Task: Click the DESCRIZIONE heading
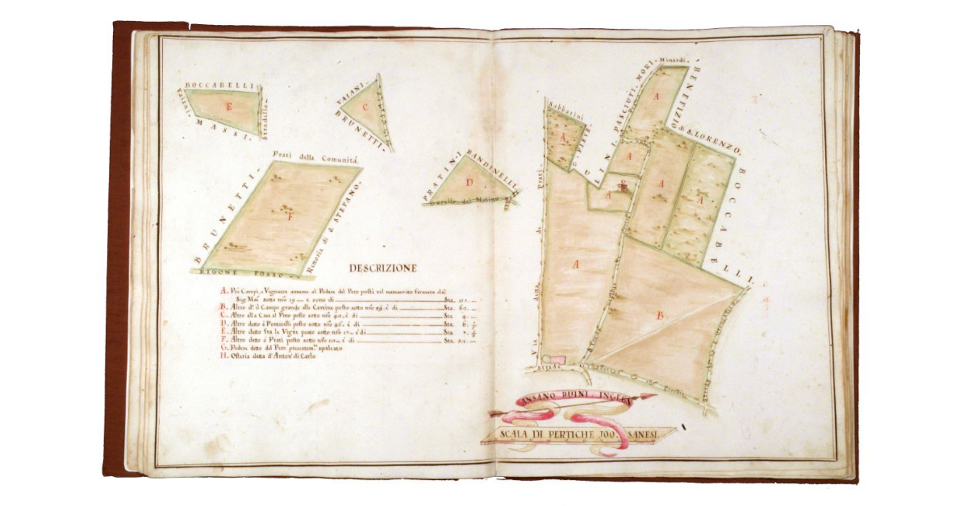point(382,268)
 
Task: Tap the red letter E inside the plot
point(229,107)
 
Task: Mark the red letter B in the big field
point(660,316)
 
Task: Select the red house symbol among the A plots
point(623,188)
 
